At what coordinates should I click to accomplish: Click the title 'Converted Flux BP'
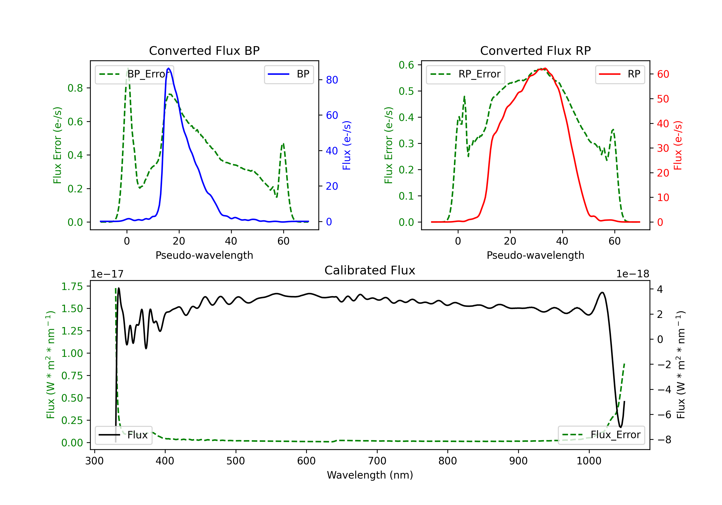click(204, 50)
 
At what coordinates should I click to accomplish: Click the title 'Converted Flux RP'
click(535, 50)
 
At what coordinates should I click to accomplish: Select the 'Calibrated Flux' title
click(370, 270)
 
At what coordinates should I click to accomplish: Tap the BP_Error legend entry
click(134, 74)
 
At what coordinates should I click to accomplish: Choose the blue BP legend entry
click(289, 74)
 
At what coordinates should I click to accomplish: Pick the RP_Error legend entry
click(465, 74)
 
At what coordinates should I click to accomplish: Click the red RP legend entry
click(620, 74)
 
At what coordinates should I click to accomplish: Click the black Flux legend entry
click(123, 435)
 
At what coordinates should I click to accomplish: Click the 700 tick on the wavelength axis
click(377, 461)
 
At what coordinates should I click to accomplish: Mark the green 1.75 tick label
click(72, 286)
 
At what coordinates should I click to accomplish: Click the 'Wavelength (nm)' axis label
click(370, 475)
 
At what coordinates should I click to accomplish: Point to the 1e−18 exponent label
click(633, 274)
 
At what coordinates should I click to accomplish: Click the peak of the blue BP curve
click(169, 68)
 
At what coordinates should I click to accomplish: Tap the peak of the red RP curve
click(545, 69)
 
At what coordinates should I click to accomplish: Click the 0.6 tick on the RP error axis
click(406, 65)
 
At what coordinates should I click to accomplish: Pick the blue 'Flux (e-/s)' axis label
click(347, 145)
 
